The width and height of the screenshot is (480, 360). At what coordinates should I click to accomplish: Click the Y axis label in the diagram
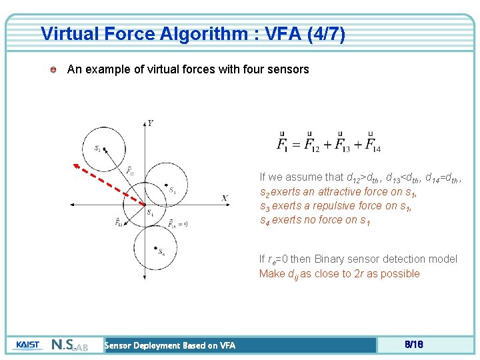click(151, 123)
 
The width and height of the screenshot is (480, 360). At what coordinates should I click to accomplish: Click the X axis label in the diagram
click(225, 198)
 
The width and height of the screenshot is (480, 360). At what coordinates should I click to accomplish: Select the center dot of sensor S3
click(165, 186)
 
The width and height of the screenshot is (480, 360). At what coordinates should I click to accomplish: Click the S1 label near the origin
click(150, 213)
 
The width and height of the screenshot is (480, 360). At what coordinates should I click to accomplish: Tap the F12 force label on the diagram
click(130, 171)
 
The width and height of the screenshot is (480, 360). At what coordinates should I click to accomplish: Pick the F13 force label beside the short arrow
click(119, 222)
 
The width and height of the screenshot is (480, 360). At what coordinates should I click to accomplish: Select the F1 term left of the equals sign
click(283, 144)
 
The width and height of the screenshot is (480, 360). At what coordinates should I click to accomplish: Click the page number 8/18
click(414, 345)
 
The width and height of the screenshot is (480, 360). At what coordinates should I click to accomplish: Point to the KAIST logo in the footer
click(27, 345)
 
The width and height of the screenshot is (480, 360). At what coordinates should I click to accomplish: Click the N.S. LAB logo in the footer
click(70, 345)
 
